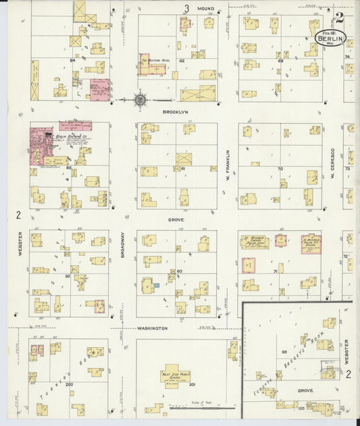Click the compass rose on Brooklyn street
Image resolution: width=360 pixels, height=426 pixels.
[x=140, y=100]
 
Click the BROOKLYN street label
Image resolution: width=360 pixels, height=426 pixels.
[x=174, y=111]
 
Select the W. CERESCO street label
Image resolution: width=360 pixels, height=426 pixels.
[x=333, y=165]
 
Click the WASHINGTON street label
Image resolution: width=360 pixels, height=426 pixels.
[x=152, y=328]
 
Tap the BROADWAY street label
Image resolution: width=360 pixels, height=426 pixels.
[x=122, y=248]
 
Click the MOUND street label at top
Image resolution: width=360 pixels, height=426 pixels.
[x=205, y=9]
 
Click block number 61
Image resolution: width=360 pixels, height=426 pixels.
[x=182, y=168]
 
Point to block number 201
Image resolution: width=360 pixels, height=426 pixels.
[x=192, y=385]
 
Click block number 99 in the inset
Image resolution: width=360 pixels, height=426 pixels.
[x=284, y=353]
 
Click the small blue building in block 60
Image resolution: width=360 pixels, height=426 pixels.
[x=157, y=286]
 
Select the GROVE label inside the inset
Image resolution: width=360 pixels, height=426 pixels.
[x=303, y=390]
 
